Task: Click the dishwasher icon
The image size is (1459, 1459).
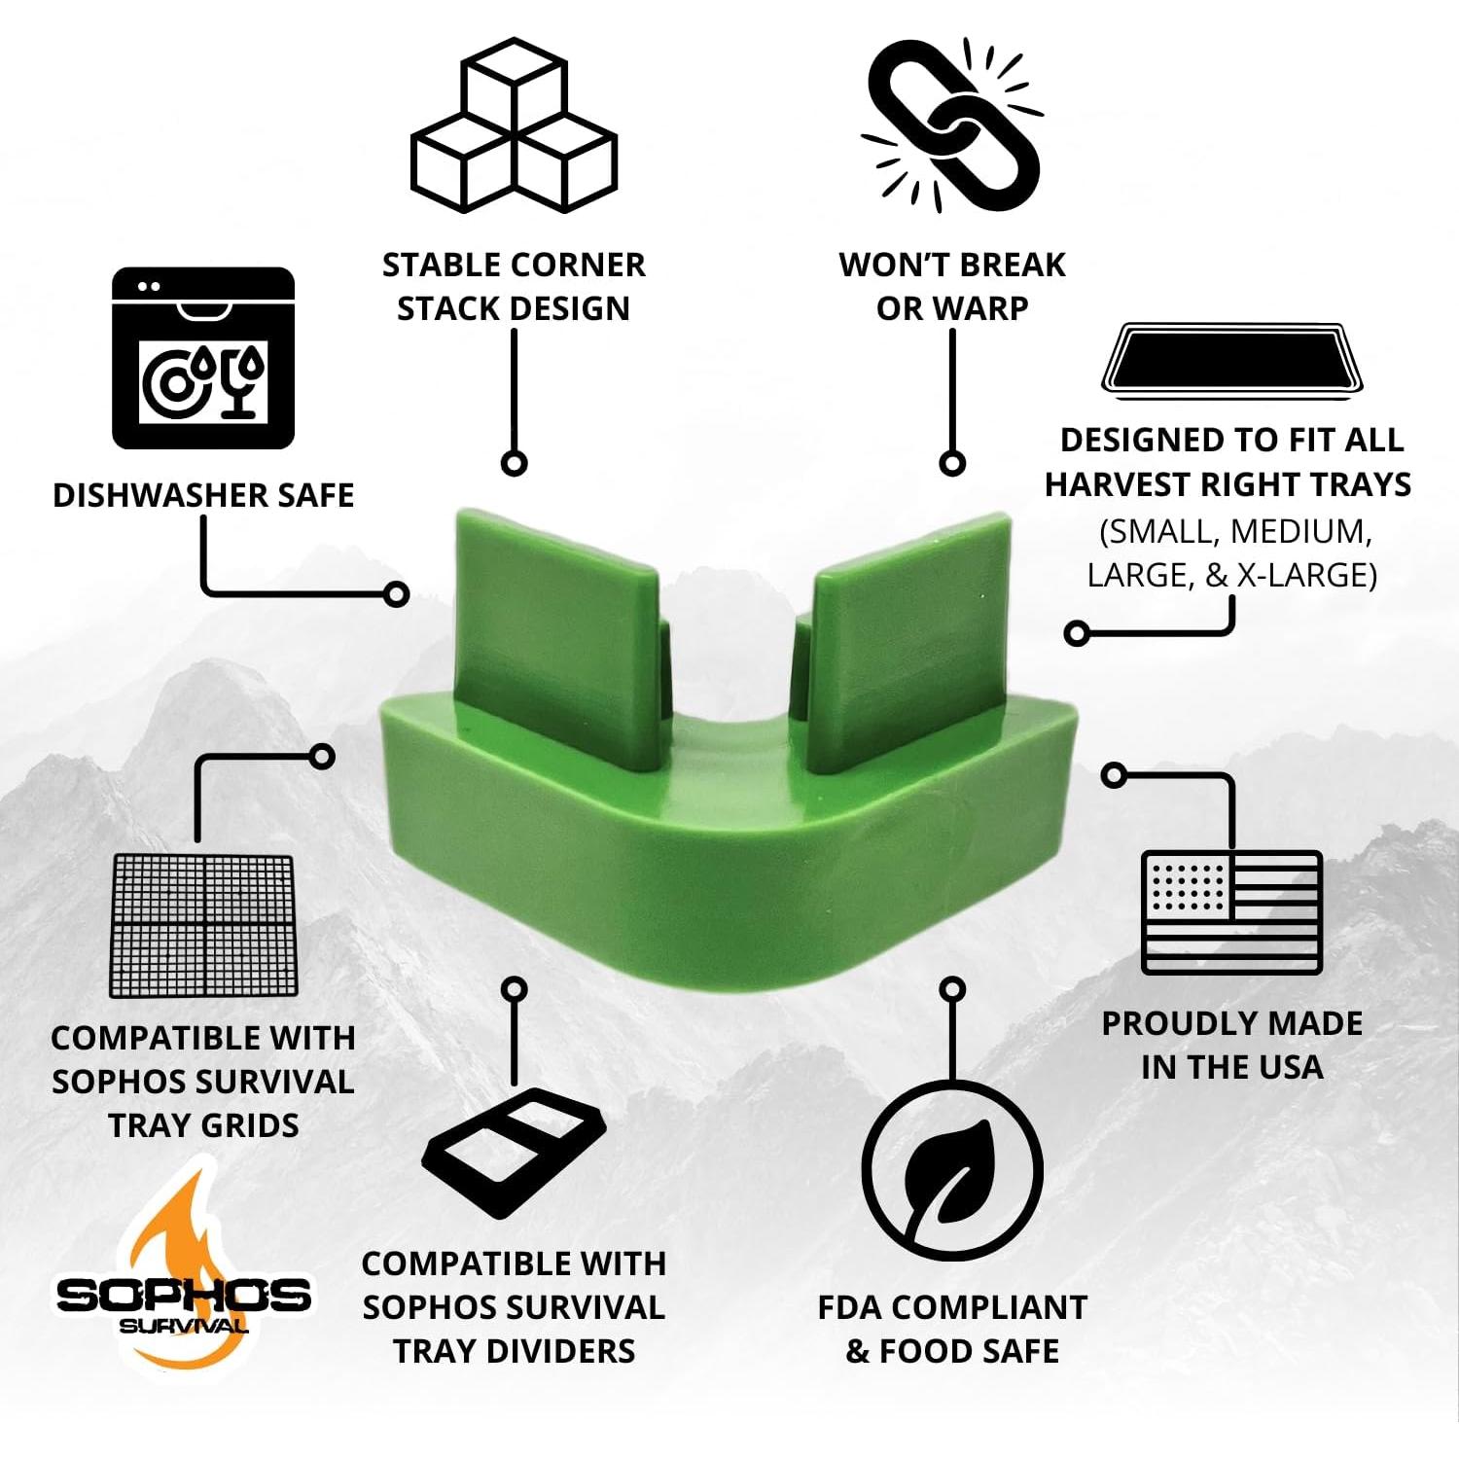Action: click(203, 358)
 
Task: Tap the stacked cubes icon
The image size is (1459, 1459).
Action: click(514, 126)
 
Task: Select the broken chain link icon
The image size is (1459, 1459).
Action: click(951, 125)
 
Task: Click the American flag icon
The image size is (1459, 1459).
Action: click(1231, 912)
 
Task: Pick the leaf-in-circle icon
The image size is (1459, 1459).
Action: click(952, 1172)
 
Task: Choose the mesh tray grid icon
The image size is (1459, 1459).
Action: click(203, 925)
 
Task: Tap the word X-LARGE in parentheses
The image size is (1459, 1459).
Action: click(1306, 575)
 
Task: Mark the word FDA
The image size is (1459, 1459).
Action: click(850, 1307)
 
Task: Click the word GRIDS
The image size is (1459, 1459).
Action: click(252, 1125)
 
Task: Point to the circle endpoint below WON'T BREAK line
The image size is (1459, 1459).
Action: click(952, 463)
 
